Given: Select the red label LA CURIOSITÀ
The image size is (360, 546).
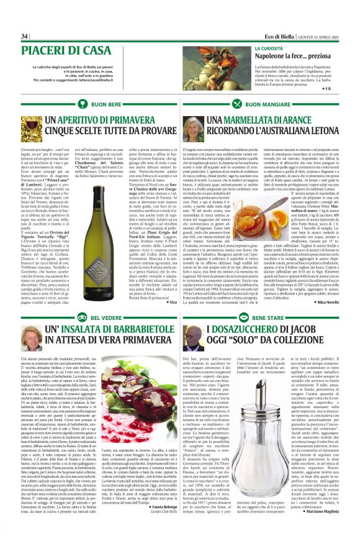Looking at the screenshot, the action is [x=269, y=48].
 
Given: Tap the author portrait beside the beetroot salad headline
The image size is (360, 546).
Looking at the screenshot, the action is [x=35, y=339].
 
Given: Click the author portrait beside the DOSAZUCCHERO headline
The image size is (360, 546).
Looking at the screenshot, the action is [x=193, y=339].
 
